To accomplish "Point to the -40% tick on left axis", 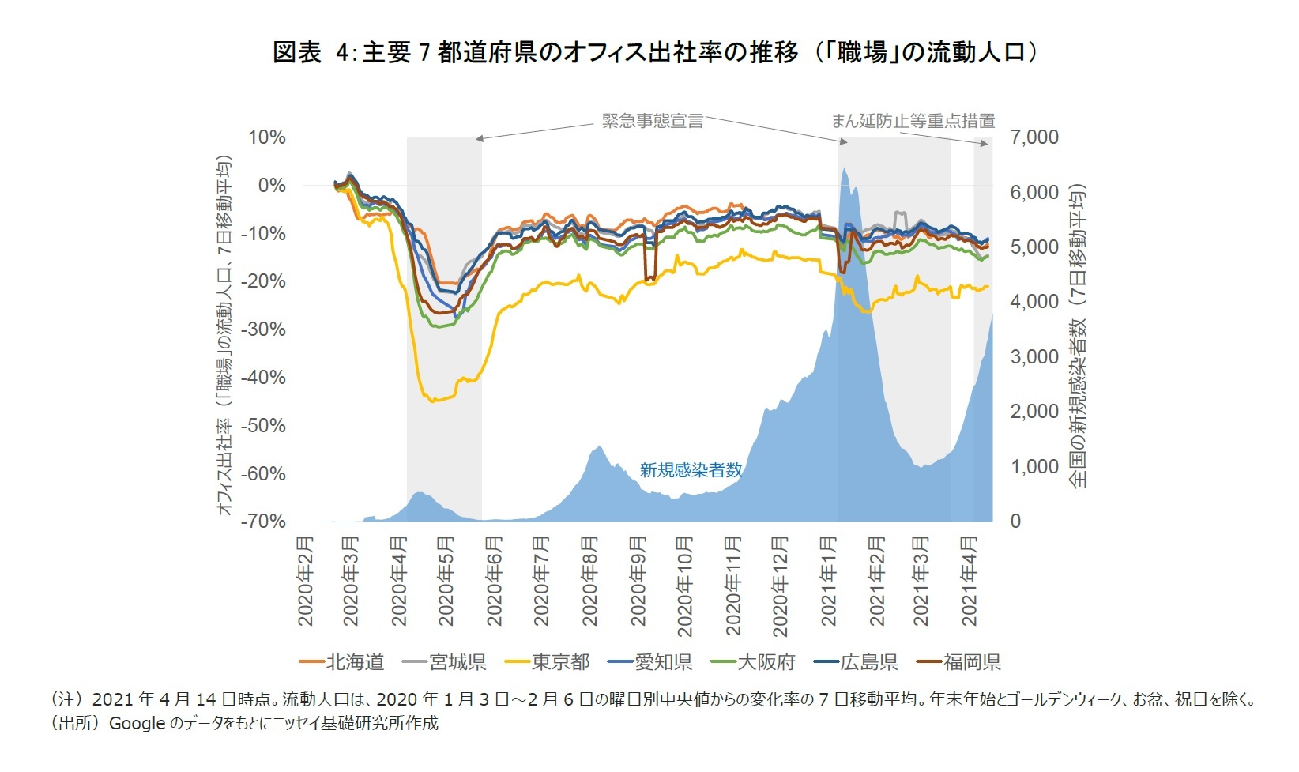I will click(265, 378).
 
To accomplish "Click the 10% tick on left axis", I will click(267, 137).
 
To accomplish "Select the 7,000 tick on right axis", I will click(1034, 137).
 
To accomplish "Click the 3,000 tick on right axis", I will click(1034, 357).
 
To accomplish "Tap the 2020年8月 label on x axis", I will click(590, 581).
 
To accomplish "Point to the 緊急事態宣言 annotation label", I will click(652, 121).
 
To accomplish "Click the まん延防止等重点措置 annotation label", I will click(913, 121).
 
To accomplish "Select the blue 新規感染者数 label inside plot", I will click(691, 470).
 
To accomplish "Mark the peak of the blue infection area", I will click(845, 168).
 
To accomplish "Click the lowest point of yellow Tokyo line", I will click(432, 401).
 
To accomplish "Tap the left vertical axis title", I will click(225, 335).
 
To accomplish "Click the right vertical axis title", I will click(1079, 335).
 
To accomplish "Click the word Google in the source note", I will click(137, 723).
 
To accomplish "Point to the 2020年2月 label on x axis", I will click(305, 581).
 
